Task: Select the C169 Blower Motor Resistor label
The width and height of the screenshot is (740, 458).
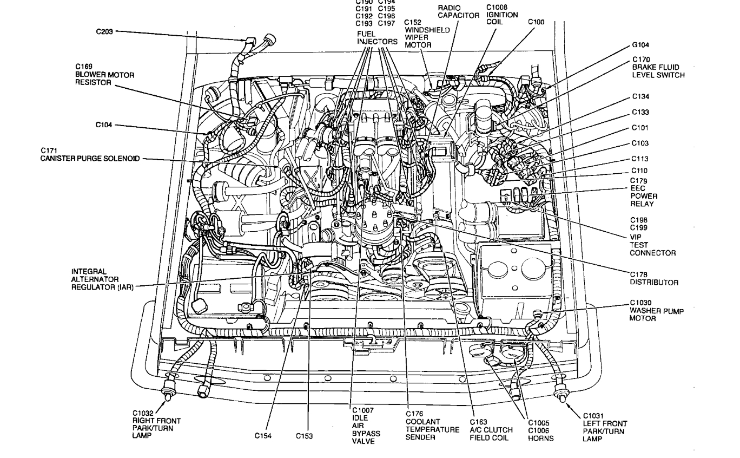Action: (x=104, y=75)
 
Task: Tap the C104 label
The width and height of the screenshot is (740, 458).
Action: (x=104, y=125)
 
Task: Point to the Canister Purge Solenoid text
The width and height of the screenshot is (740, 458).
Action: (x=90, y=158)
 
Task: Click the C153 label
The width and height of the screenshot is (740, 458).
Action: (x=304, y=435)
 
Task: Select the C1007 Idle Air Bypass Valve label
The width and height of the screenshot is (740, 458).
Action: (x=366, y=426)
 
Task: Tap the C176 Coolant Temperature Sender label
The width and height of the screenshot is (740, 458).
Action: (x=432, y=426)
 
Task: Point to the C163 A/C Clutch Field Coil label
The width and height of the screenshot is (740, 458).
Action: (x=491, y=430)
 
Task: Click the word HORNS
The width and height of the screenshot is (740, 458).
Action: (x=541, y=439)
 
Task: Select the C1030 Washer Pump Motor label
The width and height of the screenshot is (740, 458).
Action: (x=648, y=310)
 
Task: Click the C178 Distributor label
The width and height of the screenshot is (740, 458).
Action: (x=653, y=278)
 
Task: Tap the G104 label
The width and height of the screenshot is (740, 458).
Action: (x=640, y=45)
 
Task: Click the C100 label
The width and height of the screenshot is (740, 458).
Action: (x=536, y=22)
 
